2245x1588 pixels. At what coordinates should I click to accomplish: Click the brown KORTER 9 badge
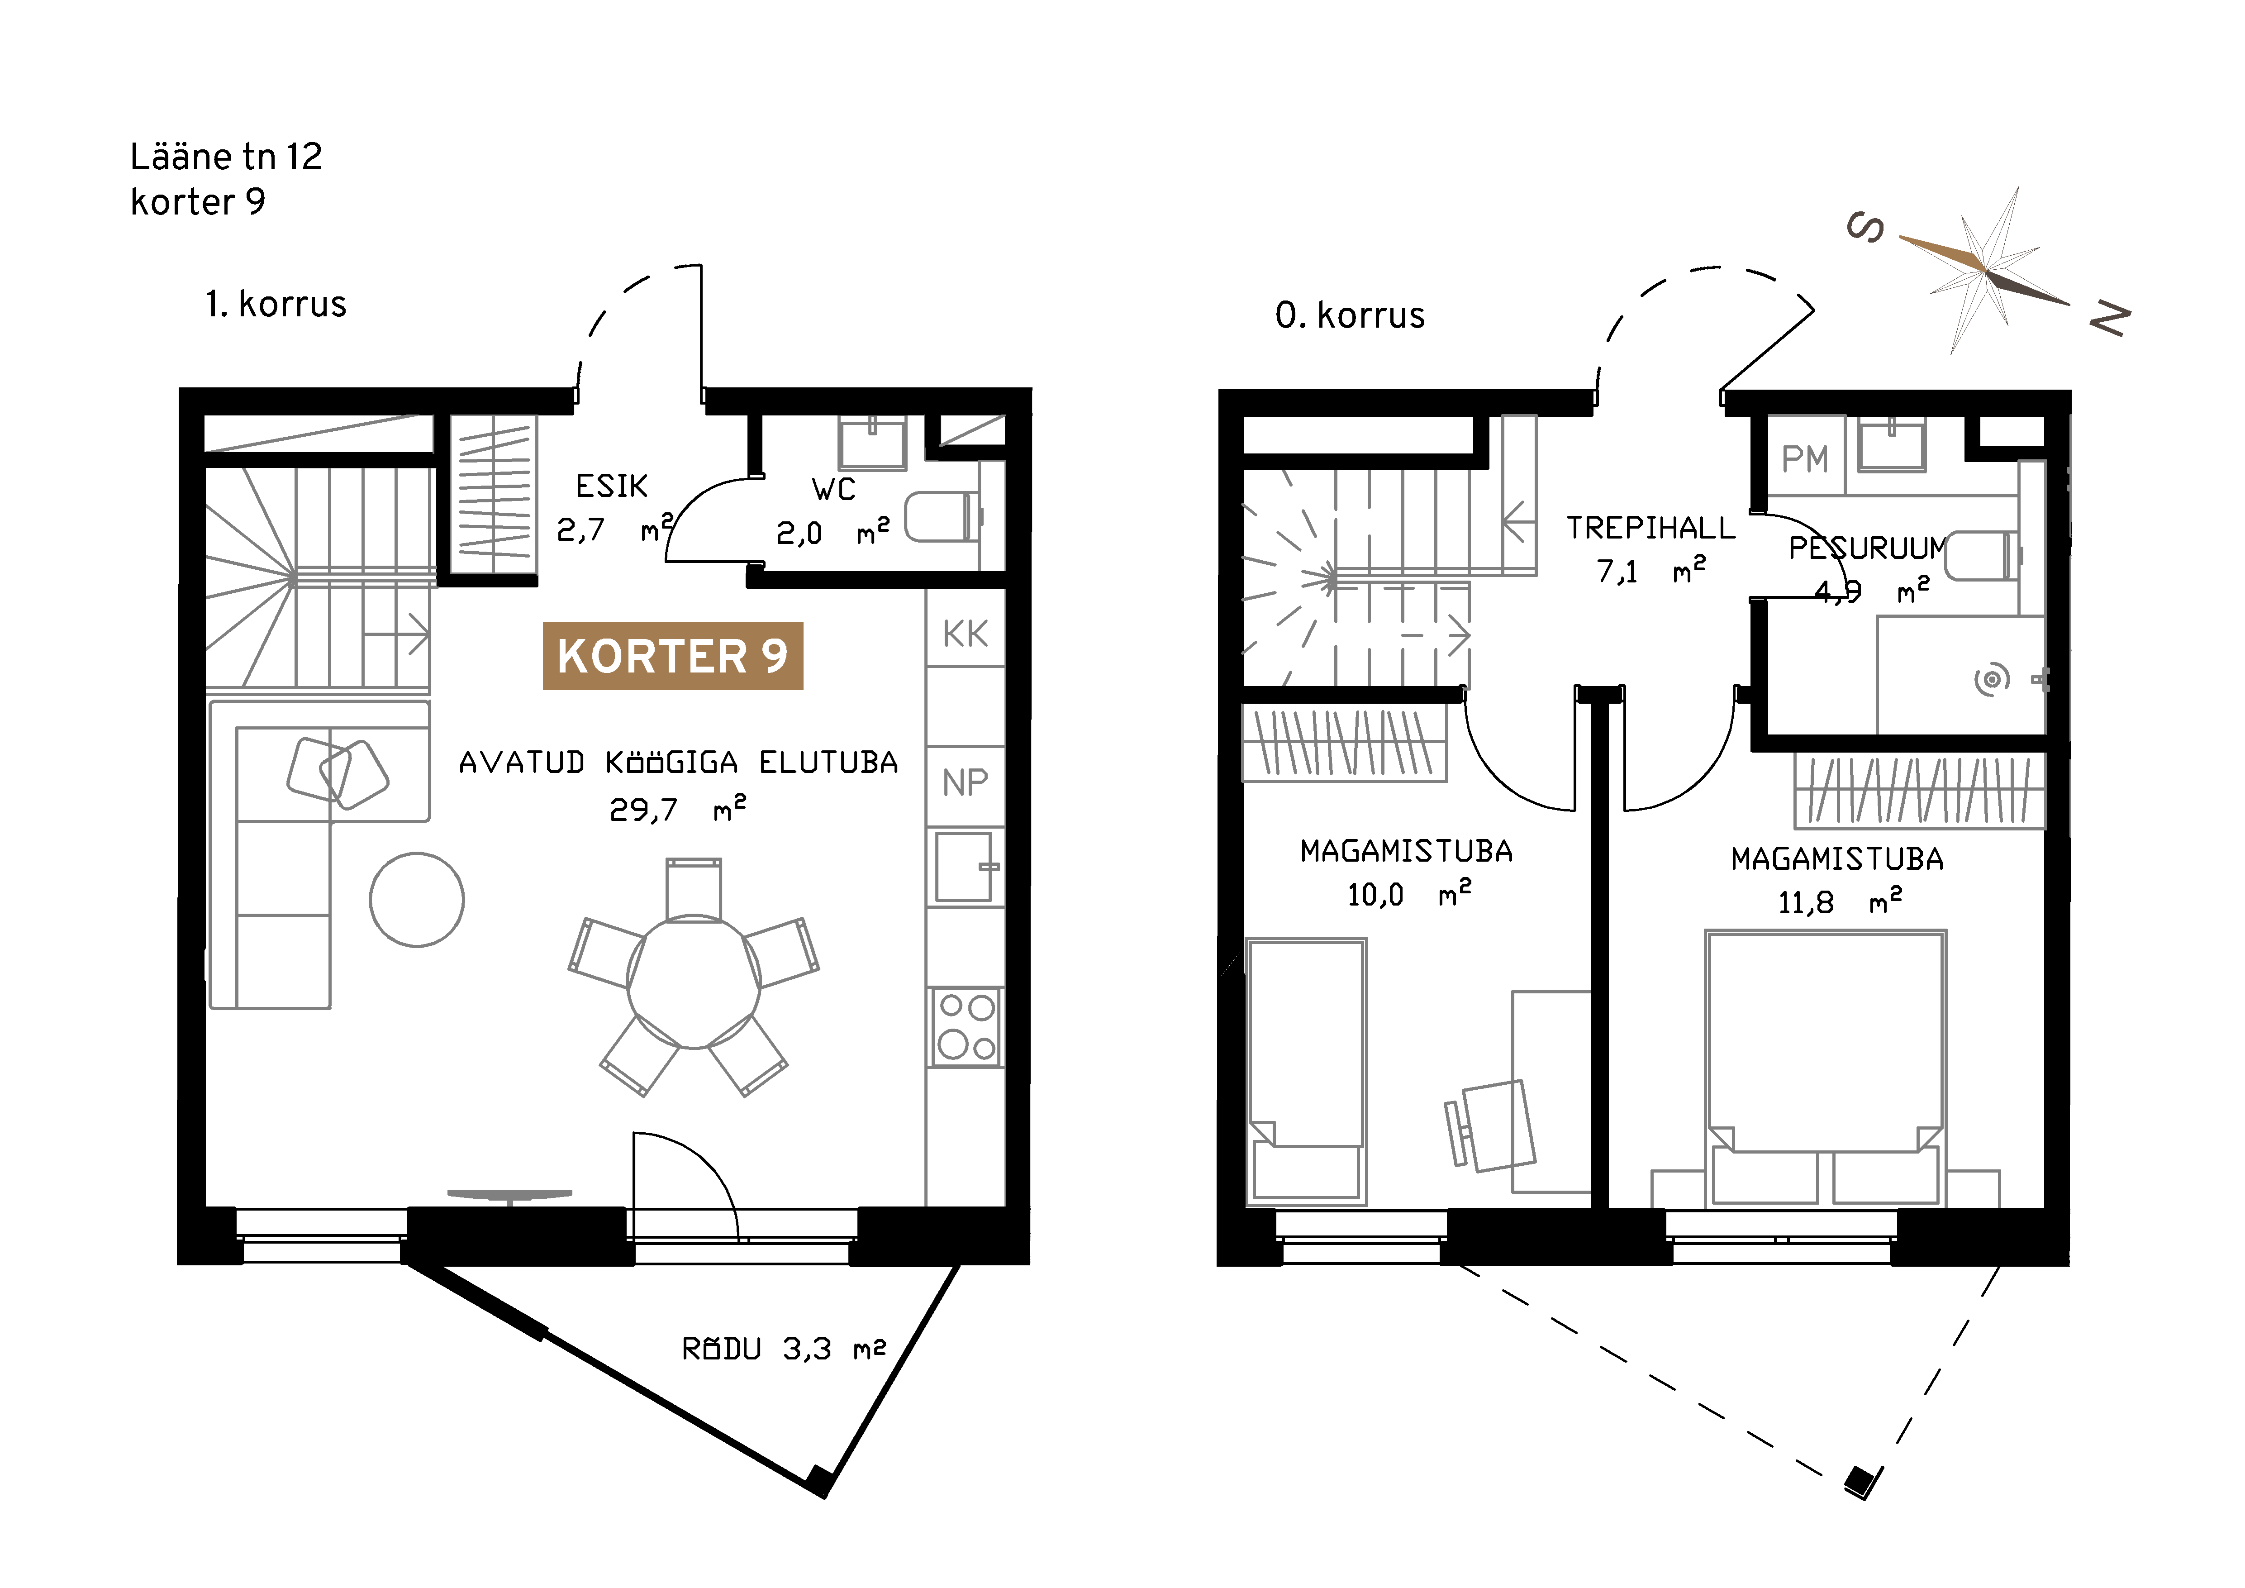[673, 656]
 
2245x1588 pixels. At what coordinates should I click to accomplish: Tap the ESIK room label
[611, 486]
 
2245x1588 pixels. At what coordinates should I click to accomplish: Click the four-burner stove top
[966, 1027]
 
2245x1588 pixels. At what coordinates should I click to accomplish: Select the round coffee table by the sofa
[417, 900]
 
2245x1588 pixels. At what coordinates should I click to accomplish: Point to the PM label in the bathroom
[1804, 458]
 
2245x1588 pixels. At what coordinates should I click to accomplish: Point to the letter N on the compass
[2110, 319]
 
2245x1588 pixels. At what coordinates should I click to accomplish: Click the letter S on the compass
[1865, 228]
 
